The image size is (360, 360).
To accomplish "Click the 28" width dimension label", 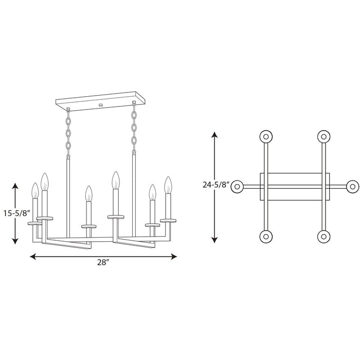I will point(103,262).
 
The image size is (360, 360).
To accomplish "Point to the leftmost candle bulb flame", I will point(35,190).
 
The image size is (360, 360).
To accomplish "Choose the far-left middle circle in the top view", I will point(238,187).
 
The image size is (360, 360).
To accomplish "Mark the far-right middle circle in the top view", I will point(352,187).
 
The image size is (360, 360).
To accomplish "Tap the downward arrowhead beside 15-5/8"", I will point(15,240).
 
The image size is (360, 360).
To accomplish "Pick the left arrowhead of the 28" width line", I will point(32,256).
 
